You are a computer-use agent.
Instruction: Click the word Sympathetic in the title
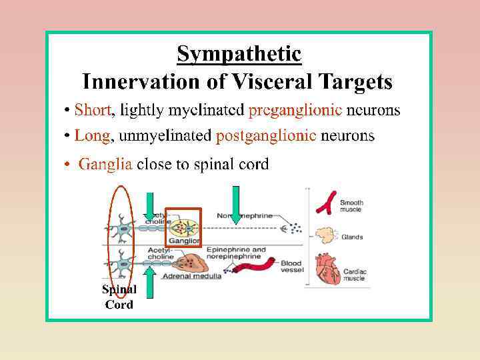239,53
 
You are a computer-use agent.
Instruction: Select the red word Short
93,109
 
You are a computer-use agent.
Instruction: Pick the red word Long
92,136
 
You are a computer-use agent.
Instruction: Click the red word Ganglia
105,164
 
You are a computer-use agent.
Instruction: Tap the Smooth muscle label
352,206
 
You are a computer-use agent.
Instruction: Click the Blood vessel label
291,267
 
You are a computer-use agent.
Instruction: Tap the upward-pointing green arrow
150,283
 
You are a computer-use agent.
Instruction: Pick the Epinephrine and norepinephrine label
241,254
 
